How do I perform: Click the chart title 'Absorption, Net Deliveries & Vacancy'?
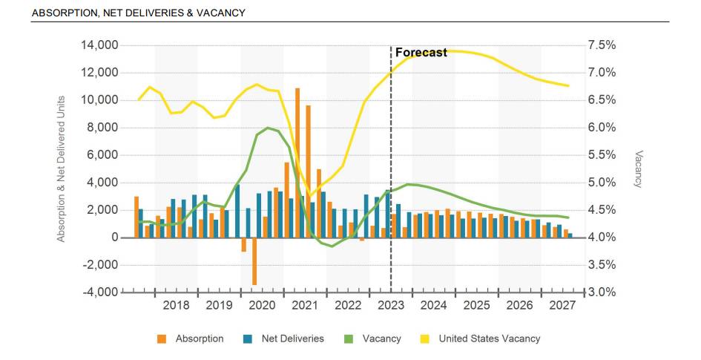[x=139, y=13]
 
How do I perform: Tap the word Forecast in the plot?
[x=421, y=53]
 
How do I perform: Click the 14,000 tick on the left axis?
[x=99, y=45]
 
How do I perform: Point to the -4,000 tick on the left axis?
[x=99, y=292]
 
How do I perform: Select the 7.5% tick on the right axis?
[x=602, y=45]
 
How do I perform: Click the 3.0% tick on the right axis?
[x=602, y=292]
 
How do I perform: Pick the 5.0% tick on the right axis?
[x=602, y=183]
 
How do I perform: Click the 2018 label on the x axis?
[x=176, y=306]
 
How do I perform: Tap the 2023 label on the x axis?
[x=390, y=306]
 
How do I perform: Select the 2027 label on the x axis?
[x=562, y=306]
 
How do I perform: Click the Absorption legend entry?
[x=199, y=338]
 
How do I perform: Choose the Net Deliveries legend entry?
[x=292, y=338]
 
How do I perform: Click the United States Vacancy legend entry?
[x=489, y=338]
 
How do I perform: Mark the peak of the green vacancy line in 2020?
[x=267, y=128]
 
